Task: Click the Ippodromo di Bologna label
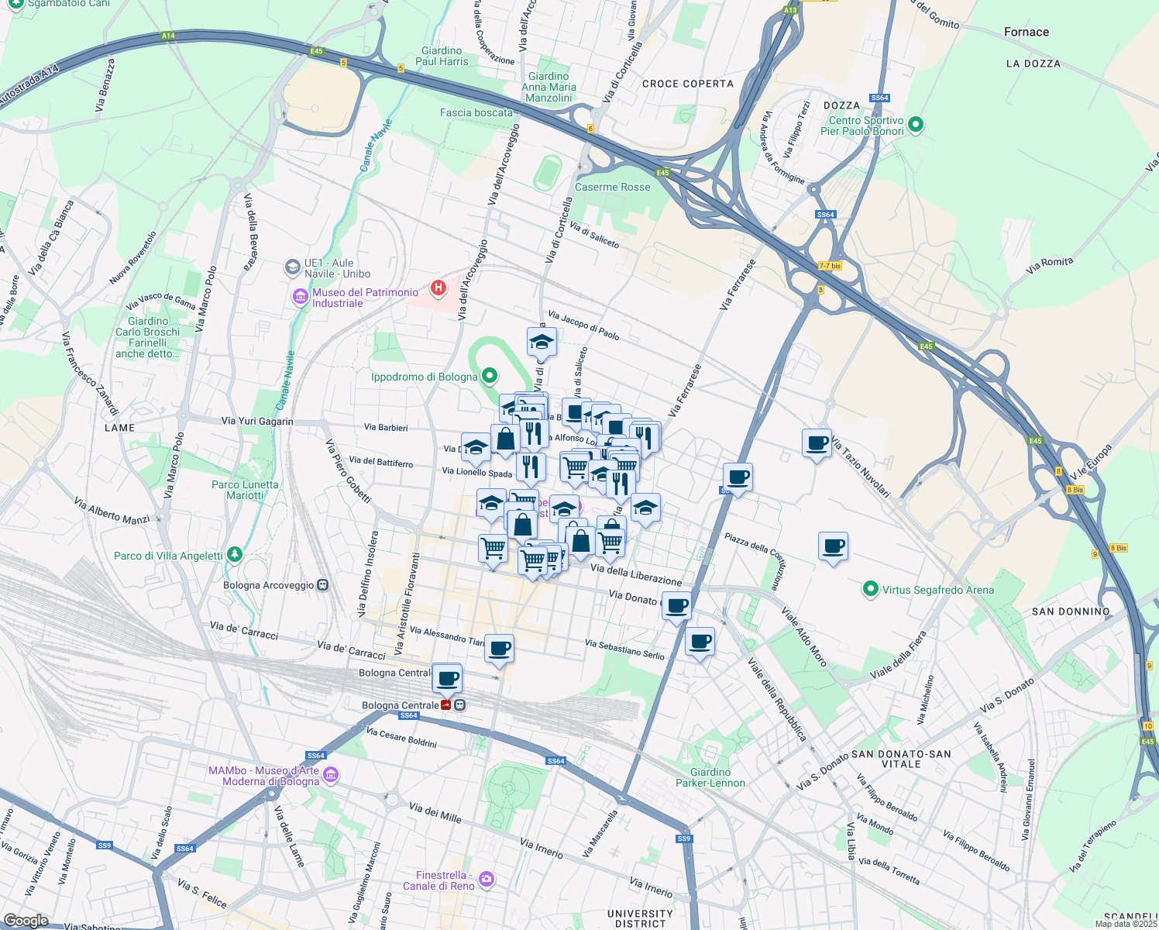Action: pyautogui.click(x=424, y=377)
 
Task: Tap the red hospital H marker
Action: pyautogui.click(x=438, y=288)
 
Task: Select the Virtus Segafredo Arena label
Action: pyautogui.click(x=937, y=590)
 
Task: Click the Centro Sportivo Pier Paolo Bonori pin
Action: pyautogui.click(x=916, y=124)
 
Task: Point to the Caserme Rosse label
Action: pyautogui.click(x=612, y=187)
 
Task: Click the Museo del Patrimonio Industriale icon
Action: pyautogui.click(x=300, y=297)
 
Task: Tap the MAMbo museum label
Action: pyautogui.click(x=263, y=776)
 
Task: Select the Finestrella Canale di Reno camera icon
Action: pyautogui.click(x=486, y=879)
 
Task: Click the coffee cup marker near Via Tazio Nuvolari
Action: pyautogui.click(x=817, y=443)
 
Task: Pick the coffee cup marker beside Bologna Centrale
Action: pyautogui.click(x=447, y=679)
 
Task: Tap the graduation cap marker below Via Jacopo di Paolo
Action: pyautogui.click(x=542, y=342)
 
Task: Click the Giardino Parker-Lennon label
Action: pyautogui.click(x=710, y=777)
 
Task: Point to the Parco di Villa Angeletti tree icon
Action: pyautogui.click(x=235, y=555)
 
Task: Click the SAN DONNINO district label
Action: pyautogui.click(x=1071, y=611)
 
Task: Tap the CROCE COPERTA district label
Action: pyautogui.click(x=687, y=84)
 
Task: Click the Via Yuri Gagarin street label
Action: pyautogui.click(x=257, y=422)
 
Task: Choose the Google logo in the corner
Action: pyautogui.click(x=26, y=921)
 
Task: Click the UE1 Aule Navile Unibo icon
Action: pyautogui.click(x=292, y=268)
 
